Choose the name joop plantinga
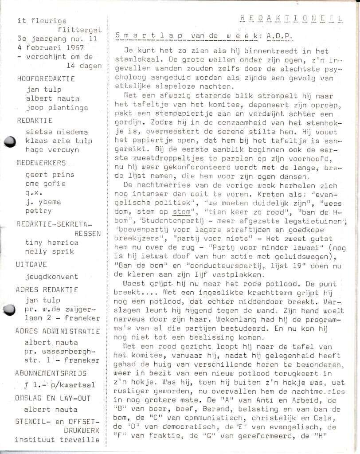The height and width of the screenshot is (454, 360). pyautogui.click(x=57, y=107)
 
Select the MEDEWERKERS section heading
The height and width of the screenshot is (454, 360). pyautogui.click(x=43, y=163)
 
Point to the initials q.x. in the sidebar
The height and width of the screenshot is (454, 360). pyautogui.click(x=33, y=193)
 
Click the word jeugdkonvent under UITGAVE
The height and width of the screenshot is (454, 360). pyautogui.click(x=52, y=277)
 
